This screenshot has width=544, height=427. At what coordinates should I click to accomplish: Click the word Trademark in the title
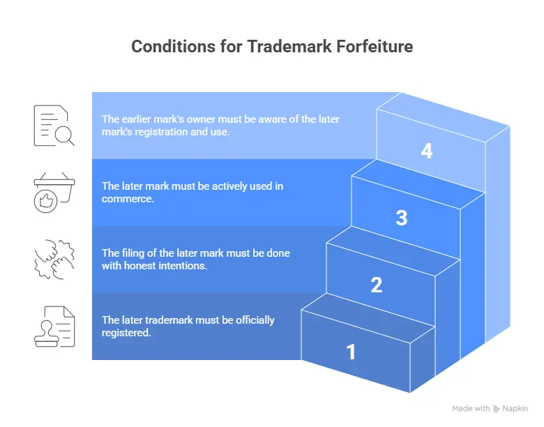coord(289,47)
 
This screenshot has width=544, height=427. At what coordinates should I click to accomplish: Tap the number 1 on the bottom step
coord(351,352)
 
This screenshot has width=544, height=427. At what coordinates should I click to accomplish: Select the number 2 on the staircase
coord(377,285)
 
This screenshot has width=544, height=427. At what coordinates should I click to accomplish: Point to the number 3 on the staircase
coord(402,218)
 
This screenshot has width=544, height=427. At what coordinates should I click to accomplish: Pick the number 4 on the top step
coord(427,151)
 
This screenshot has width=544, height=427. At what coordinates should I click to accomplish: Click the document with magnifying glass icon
coord(54,126)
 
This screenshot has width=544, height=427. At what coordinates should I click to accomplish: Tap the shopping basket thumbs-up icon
coord(54,193)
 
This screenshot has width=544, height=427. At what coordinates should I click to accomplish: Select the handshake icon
coord(54,260)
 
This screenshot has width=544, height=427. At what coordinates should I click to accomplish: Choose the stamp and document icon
coord(54,327)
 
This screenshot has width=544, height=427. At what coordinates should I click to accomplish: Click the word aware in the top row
coord(273,119)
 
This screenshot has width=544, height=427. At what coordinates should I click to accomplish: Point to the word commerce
coord(128,199)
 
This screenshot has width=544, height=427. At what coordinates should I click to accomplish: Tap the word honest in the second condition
coord(139,266)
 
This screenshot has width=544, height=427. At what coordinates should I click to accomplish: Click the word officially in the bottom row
coord(255,320)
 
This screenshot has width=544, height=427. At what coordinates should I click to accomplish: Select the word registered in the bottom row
coord(126,333)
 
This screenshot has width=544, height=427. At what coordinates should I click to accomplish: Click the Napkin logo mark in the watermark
coord(497,409)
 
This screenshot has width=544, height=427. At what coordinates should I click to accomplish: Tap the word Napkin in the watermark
coord(515,409)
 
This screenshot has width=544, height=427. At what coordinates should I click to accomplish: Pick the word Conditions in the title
coord(173,47)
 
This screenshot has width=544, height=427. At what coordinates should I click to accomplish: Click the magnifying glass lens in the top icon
coord(63,135)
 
